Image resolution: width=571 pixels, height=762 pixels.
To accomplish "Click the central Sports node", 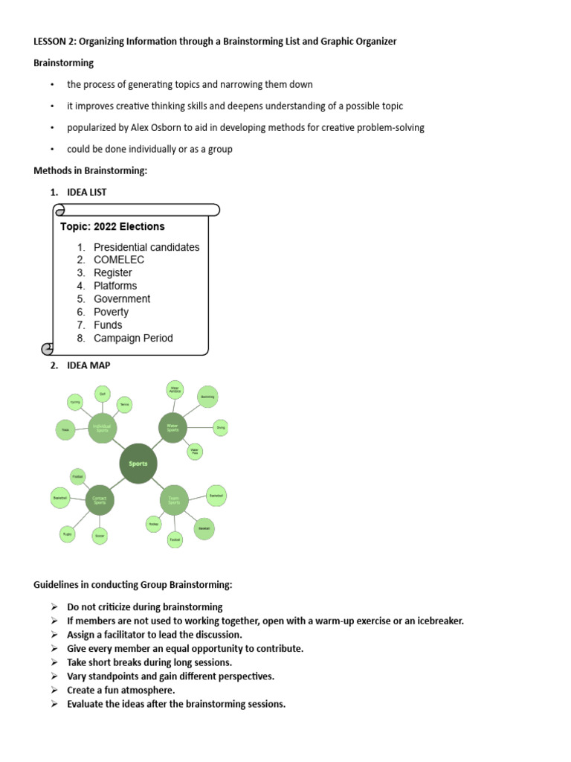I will pos(138,464).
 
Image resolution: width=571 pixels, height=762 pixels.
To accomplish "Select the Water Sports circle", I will pos(172,428).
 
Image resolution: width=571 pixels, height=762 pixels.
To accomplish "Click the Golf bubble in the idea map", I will pos(103,394).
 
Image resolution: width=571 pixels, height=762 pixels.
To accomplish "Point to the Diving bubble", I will pos(220,428).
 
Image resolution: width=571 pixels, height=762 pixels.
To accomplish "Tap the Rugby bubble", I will pos(67,534).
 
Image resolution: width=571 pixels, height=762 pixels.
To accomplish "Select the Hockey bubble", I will pos(153,524).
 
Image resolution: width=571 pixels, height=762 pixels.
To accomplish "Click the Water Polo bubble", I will pos(194,451).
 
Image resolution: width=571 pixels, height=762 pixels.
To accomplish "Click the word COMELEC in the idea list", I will pos(119,260).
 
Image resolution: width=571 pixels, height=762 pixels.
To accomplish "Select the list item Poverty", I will pos(111,312).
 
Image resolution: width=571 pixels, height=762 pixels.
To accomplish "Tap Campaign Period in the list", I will pos(133,338).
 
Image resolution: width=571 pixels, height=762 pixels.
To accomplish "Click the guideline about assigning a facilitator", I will pos(155,635).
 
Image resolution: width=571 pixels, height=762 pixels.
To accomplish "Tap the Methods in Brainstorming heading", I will pos(91,170).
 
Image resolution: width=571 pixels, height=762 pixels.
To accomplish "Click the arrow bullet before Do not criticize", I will pos(54,607).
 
